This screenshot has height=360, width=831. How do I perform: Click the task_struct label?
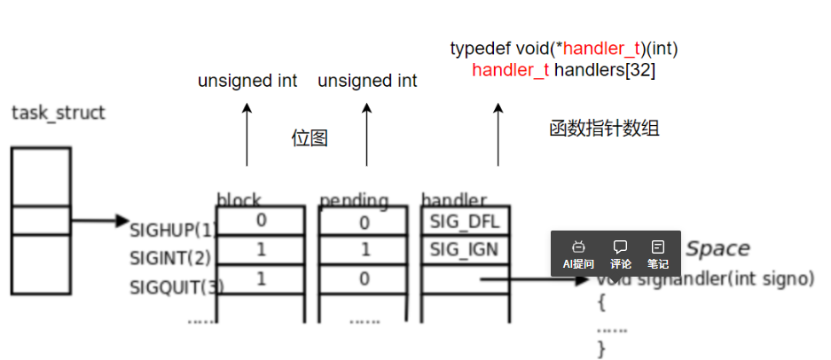click(x=59, y=113)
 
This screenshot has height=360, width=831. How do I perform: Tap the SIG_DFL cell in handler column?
click(x=464, y=220)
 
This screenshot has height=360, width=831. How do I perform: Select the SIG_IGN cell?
click(x=464, y=250)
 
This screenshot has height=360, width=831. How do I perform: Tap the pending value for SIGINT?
click(x=365, y=251)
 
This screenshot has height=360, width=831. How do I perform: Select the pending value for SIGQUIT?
click(x=365, y=279)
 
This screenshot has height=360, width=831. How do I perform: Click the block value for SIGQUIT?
click(x=261, y=279)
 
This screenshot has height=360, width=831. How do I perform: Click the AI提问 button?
click(x=578, y=254)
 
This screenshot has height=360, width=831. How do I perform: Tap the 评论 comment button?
click(x=621, y=254)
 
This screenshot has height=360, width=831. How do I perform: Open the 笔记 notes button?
click(x=657, y=254)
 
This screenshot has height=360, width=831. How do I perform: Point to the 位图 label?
click(x=310, y=138)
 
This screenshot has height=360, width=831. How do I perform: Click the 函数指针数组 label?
click(x=604, y=129)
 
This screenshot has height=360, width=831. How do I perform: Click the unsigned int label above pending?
click(x=367, y=82)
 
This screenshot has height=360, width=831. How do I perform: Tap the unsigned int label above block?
click(x=247, y=82)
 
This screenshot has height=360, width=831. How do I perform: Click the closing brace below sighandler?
click(x=601, y=348)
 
